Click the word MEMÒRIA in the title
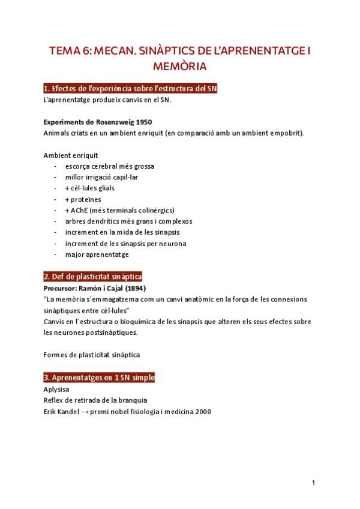point(179,64)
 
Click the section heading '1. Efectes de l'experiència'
point(131,89)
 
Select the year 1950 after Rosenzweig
point(143,122)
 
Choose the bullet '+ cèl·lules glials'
point(90,188)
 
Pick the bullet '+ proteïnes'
point(83,199)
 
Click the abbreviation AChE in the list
point(82,210)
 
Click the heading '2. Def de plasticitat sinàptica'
point(92,277)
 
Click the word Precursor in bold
point(62,289)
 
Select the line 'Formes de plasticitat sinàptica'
point(92,354)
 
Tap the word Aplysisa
point(56,389)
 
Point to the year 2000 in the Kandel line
point(202,412)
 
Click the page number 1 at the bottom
point(314,483)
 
